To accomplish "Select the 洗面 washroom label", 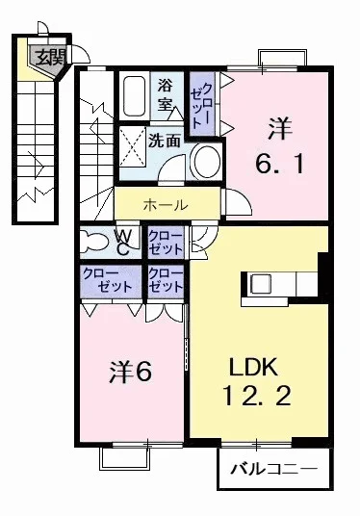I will pos(165,140).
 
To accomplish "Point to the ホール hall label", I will pos(166,204).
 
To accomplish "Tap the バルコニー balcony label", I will pos(272,472).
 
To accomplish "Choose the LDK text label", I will pos(253,366).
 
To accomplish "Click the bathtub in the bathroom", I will pos(135,96).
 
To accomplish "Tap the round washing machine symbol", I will pos(204,162).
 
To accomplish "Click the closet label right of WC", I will pos(165,242).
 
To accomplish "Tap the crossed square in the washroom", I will pos(132,146).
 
